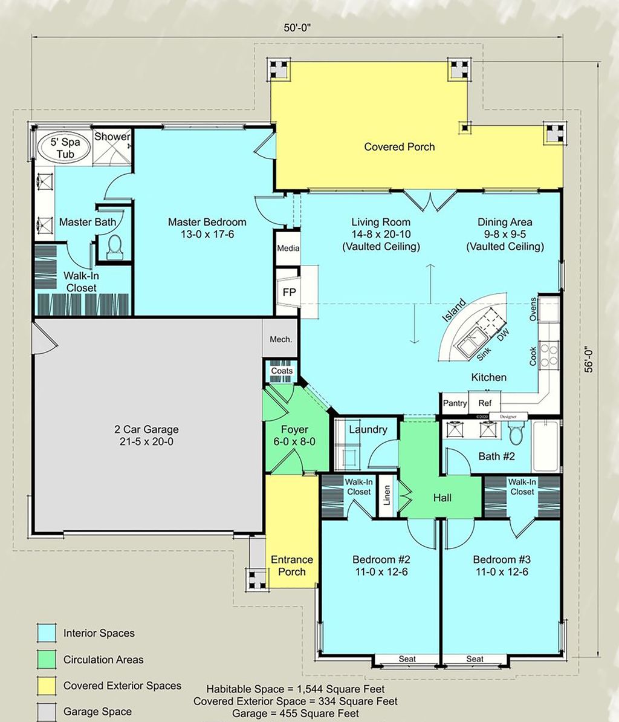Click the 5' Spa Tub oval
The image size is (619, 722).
click(x=63, y=149)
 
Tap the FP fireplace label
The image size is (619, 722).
click(x=289, y=292)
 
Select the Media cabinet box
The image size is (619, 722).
click(x=288, y=248)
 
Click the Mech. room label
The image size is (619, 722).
click(x=280, y=339)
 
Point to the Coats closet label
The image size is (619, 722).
click(x=282, y=371)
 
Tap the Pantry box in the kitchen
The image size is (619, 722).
click(x=455, y=403)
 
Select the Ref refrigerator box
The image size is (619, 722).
click(x=485, y=403)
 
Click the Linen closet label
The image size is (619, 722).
click(x=387, y=496)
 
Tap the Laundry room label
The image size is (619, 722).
click(x=368, y=429)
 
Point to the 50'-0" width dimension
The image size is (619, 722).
click(x=297, y=27)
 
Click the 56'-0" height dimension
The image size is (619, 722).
click(x=591, y=360)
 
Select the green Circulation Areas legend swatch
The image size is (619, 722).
click(x=46, y=659)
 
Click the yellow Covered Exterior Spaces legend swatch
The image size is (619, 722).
click(x=46, y=686)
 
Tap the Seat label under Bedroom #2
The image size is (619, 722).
click(x=407, y=659)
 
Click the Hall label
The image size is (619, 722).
click(x=442, y=498)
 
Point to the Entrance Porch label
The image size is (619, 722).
click(x=292, y=565)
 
